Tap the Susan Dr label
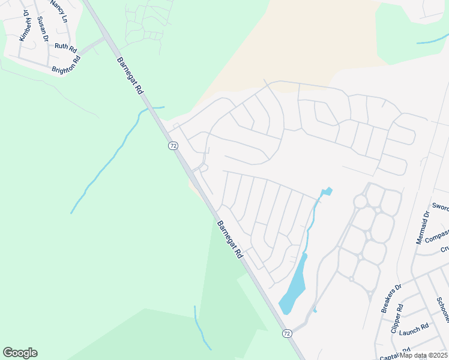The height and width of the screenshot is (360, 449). [x=42, y=29]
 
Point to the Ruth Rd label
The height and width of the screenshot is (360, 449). [x=65, y=46]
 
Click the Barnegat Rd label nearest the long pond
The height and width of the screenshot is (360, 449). [x=229, y=238]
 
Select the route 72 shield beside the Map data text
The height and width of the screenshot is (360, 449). [x=287, y=333]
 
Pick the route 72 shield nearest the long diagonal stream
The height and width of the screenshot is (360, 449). [x=172, y=145]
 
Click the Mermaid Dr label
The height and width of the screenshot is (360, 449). [x=423, y=227]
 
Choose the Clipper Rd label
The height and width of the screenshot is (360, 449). [x=397, y=318]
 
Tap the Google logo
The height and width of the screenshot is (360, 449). [x=20, y=353]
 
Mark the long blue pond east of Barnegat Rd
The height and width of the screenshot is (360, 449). [x=293, y=288]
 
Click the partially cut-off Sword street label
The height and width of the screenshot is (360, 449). [x=440, y=207]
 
